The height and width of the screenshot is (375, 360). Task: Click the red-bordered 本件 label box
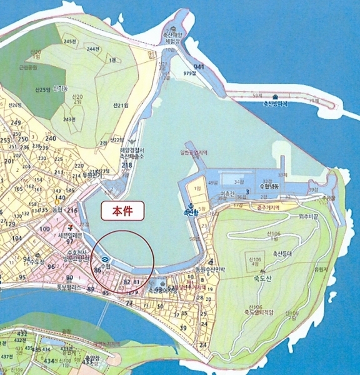122,211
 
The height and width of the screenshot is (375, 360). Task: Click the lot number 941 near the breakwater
199,67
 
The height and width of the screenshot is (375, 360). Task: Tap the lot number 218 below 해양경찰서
127,165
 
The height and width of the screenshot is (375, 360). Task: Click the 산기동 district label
61,89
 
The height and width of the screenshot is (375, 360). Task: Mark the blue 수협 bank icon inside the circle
104,258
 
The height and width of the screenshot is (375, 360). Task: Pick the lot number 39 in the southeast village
183,327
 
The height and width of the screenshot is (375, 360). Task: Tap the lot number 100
44,229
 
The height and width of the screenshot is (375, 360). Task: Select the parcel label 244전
94,49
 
